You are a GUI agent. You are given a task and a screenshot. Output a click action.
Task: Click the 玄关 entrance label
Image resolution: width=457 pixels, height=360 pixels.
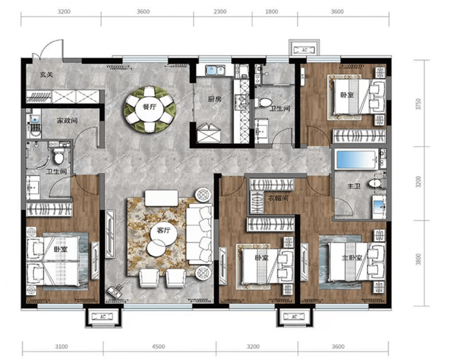pos(46,75)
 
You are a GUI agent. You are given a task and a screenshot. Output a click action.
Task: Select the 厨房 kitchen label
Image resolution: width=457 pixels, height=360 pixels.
pos(214,99)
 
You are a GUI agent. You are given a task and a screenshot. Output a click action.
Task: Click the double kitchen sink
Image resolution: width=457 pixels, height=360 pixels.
pos(215,70)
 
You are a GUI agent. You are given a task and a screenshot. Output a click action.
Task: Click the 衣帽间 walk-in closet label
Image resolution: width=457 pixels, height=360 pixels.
pos(278,198)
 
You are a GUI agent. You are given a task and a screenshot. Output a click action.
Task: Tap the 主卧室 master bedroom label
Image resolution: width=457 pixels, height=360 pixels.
pos(352,258)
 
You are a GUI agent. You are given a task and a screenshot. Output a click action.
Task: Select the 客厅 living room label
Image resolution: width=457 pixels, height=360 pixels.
pos(163,230)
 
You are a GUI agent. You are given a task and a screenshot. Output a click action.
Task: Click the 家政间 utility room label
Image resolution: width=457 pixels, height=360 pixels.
pos(67,120)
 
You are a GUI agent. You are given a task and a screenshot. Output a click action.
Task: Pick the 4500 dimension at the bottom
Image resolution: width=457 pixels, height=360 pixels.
pos(159,346)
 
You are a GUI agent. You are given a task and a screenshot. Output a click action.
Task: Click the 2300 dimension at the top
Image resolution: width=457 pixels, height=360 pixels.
pos(220,12)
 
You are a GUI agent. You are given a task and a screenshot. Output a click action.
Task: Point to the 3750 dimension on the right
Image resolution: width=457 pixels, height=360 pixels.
pos(419,104)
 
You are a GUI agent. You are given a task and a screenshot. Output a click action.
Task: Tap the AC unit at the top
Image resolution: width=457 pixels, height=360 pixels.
pos(304,50)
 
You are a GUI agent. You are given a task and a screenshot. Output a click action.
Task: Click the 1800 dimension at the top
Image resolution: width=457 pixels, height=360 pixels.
pos(272,12)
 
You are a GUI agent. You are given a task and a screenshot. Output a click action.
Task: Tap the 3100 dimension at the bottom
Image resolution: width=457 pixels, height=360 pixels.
pos(62,346)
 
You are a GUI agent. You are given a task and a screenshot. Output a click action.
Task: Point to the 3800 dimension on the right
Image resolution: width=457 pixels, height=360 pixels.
pos(419,259)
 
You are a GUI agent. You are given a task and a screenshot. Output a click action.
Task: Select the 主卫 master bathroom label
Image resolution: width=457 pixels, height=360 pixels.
pos(354,186)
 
